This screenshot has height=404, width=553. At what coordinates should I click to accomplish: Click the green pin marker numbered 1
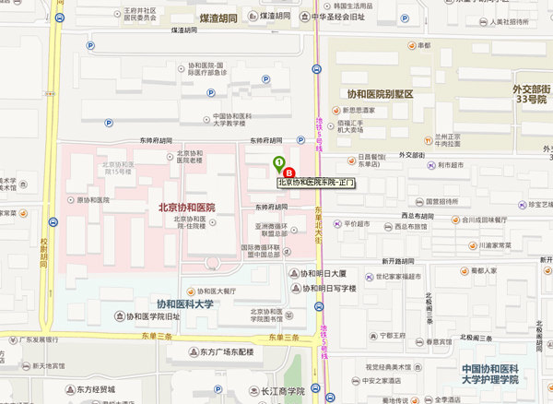(279, 164)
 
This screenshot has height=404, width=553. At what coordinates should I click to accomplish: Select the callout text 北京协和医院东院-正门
(323, 183)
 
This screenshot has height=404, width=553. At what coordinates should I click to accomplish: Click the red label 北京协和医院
(186, 208)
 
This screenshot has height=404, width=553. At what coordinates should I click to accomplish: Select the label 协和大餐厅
(218, 291)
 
